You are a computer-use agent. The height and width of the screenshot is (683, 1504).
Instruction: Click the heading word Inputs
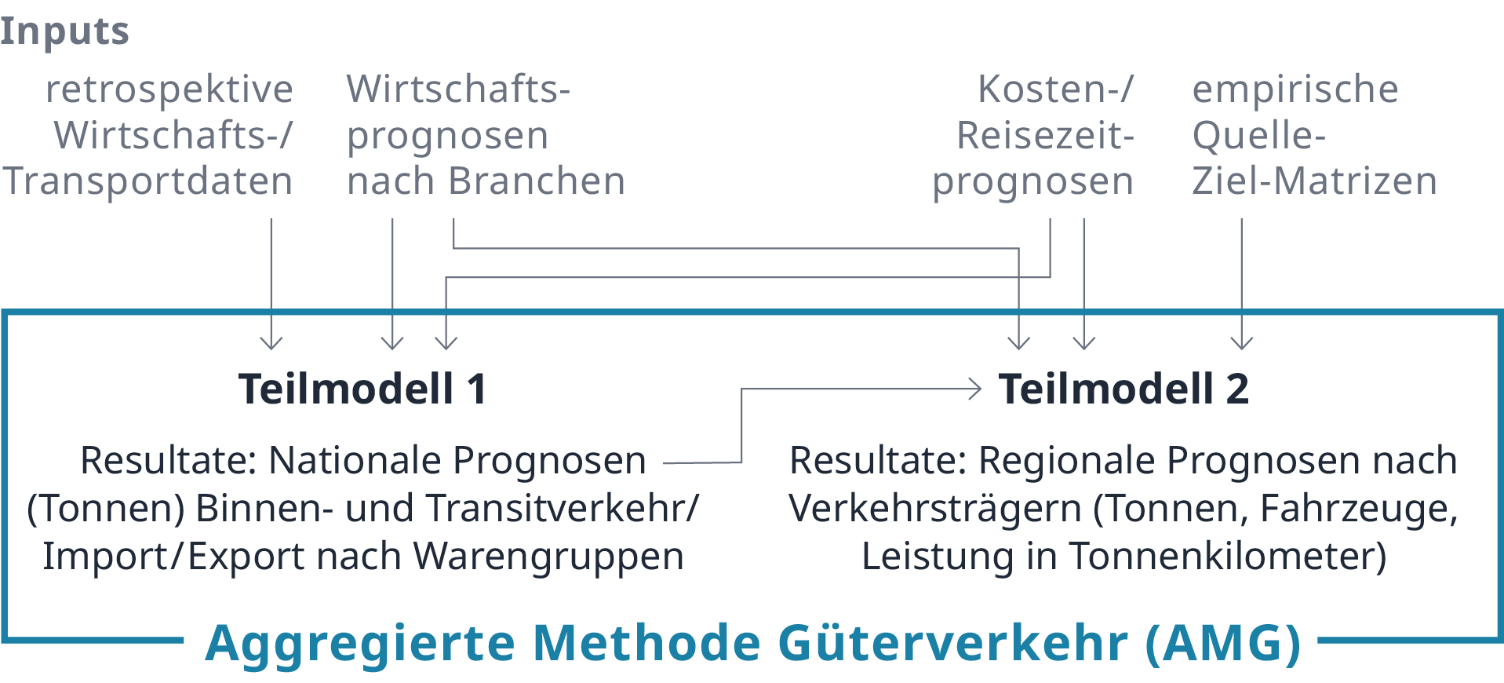[x=64, y=32]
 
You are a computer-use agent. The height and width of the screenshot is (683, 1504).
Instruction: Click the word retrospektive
[x=169, y=89]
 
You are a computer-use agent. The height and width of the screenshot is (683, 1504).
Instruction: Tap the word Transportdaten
[x=148, y=181]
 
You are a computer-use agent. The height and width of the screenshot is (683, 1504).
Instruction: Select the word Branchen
[x=537, y=181]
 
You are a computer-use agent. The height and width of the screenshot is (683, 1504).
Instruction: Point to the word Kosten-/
[x=1055, y=89]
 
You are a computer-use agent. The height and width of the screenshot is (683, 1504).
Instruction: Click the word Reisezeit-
[x=1045, y=136]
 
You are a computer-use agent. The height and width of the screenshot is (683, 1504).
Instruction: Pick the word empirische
[x=1295, y=89]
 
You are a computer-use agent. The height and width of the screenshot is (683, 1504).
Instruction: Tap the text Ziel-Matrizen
[x=1314, y=181]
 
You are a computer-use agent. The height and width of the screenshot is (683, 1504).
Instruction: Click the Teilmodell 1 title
[x=362, y=389]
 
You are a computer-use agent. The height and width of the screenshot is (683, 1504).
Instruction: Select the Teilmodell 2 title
[x=1123, y=389]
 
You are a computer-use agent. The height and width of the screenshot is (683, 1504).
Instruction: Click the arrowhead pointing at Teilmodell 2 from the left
[x=976, y=389]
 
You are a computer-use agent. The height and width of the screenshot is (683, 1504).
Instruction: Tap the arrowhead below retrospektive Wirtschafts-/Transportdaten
[x=271, y=343]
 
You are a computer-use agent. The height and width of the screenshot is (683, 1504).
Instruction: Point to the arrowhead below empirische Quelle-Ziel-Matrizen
[x=1241, y=343]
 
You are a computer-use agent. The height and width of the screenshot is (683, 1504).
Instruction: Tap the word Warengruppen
[x=548, y=557]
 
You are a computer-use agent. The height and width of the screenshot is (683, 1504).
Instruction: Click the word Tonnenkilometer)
[x=1228, y=557]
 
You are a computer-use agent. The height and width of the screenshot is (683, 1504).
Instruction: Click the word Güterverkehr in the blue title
[x=952, y=644]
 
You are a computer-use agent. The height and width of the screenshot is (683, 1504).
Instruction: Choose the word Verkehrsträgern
[x=935, y=509]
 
